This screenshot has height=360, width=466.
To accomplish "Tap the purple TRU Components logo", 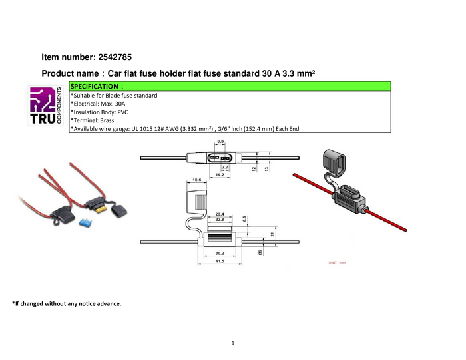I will tap(45, 104).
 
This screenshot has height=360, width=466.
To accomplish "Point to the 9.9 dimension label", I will tap(220, 141).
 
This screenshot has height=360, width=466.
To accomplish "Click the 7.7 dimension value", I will tap(225, 168).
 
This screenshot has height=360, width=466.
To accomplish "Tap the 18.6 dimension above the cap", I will tap(196, 180).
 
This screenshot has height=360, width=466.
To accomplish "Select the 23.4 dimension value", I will tap(220, 214).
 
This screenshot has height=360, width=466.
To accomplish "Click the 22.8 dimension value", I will tap(220, 220).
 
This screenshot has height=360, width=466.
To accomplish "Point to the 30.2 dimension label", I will tap(219, 253).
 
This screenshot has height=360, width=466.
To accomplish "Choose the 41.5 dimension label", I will tap(219, 262).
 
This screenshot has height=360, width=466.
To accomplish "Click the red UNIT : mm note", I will tap(337, 262).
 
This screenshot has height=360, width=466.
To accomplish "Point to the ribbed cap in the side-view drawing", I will tap(198, 198).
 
